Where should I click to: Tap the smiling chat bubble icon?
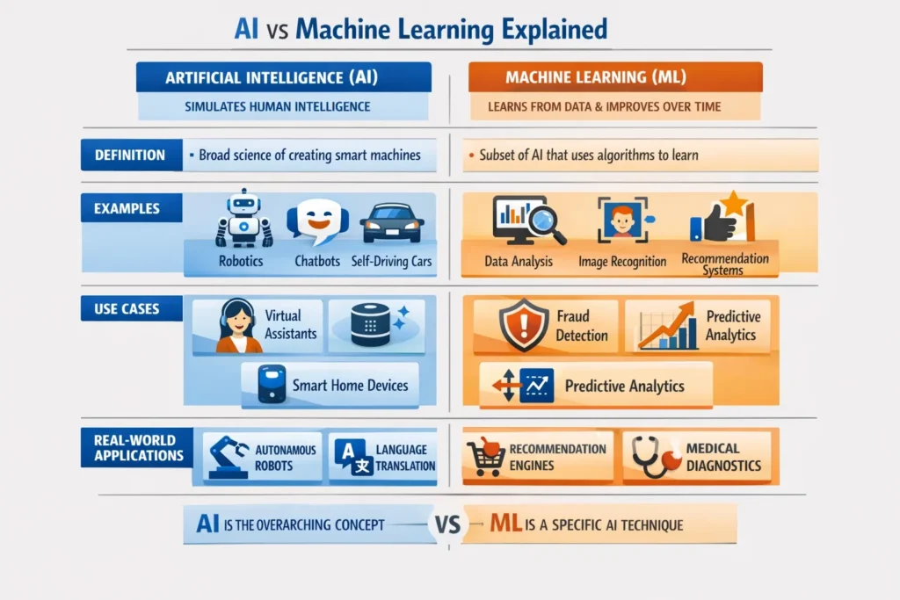click(x=316, y=222)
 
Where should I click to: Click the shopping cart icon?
click(x=485, y=456)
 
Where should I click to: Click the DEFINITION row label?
click(x=130, y=155)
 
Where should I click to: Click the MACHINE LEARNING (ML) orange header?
click(x=615, y=77)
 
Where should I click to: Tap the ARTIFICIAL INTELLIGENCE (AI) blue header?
click(x=283, y=77)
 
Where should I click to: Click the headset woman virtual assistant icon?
click(x=238, y=326)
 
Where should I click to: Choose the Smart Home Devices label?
click(x=350, y=385)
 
